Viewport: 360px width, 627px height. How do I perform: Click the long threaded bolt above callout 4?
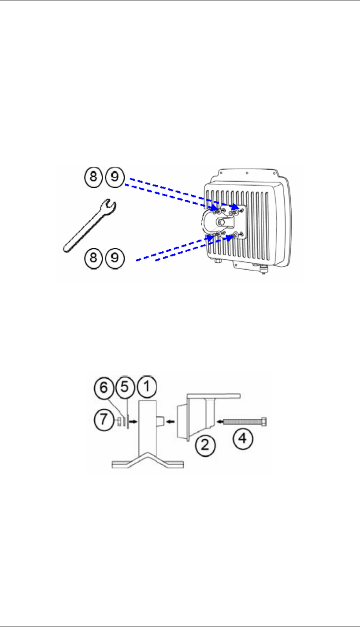tap(242, 422)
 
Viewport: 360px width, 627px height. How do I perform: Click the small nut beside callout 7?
tap(120, 422)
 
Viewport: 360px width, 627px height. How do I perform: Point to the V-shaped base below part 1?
tap(148, 461)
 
